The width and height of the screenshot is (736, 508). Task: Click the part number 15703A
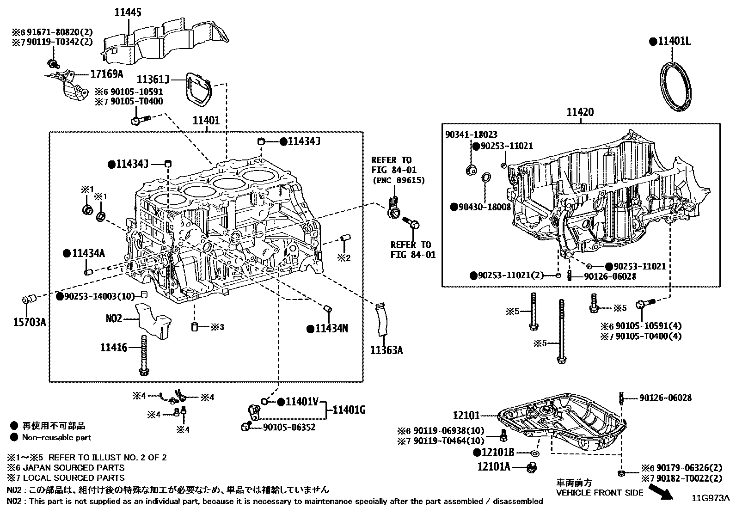(x=29, y=322)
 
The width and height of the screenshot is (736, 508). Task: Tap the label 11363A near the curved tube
(x=386, y=350)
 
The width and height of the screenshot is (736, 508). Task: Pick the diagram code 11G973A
(x=710, y=498)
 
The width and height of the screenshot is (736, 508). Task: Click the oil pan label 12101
(x=466, y=416)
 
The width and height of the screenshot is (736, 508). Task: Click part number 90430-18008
(x=481, y=207)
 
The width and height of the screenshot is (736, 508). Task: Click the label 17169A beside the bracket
(x=106, y=73)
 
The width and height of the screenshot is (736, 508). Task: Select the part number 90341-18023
(x=471, y=135)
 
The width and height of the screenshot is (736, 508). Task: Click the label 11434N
(x=331, y=329)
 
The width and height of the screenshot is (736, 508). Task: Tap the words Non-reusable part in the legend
(x=56, y=437)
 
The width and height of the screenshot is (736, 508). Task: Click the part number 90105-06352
(x=289, y=427)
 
